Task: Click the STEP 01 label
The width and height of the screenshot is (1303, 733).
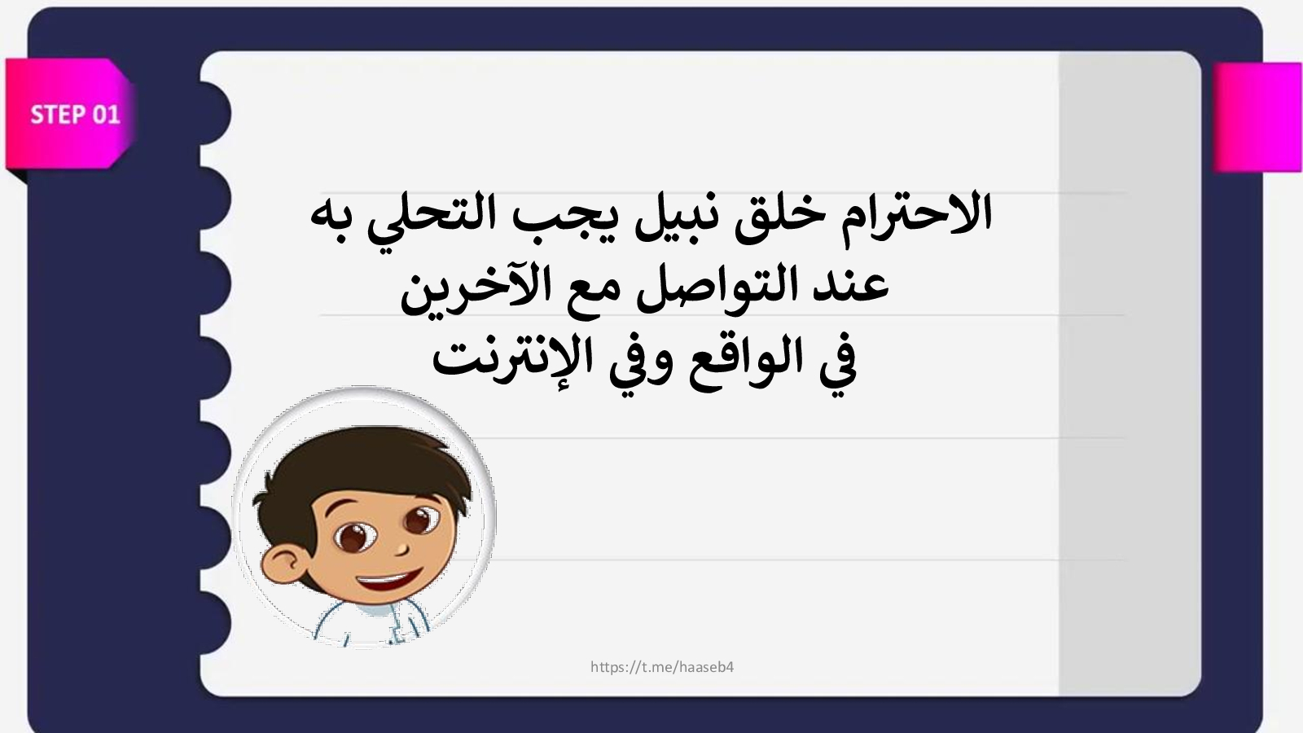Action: click(x=75, y=115)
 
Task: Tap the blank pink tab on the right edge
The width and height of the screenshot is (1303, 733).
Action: click(x=1257, y=117)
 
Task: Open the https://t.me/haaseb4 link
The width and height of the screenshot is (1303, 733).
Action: click(x=662, y=667)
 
